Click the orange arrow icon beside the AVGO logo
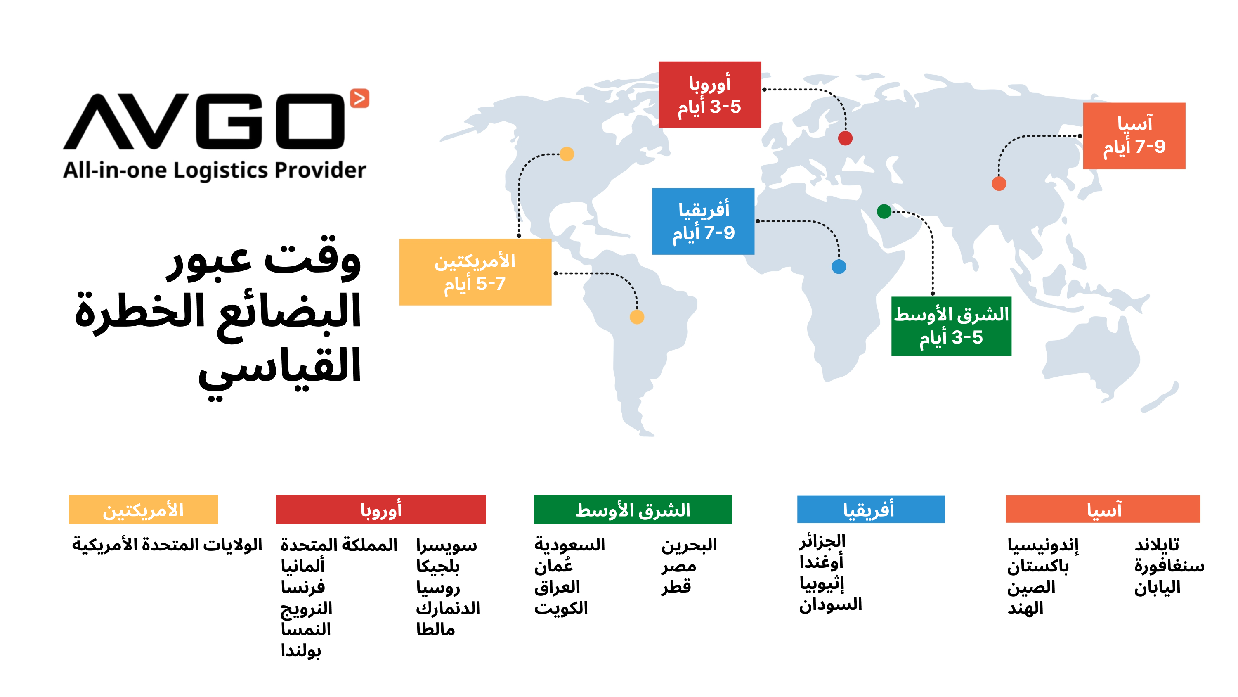tap(359, 98)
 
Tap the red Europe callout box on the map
tap(709, 95)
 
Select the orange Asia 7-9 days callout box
tap(1134, 136)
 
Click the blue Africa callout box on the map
tap(703, 221)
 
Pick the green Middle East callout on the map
tap(951, 326)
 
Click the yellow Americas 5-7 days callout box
tap(475, 272)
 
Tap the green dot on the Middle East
tap(884, 211)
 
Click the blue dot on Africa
tap(839, 266)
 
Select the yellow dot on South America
tap(637, 317)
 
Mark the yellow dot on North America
tap(567, 154)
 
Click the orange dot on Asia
tap(999, 183)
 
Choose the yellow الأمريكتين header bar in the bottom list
tap(143, 509)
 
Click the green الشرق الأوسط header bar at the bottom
tap(633, 510)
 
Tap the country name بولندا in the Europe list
tap(301, 650)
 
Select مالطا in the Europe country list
tap(435, 629)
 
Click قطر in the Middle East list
tap(676, 586)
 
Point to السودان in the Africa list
tap(830, 604)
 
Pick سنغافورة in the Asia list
tap(1169, 566)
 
